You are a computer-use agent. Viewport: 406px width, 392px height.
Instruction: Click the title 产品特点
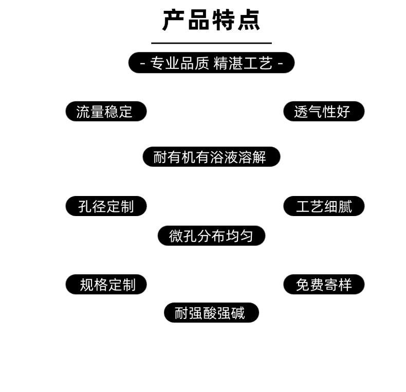tap(211, 21)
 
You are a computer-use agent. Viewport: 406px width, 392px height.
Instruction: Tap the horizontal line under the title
tap(211, 43)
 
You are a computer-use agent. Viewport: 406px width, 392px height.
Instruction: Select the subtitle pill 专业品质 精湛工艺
tap(211, 63)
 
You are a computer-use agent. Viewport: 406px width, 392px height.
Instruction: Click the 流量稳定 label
tap(106, 112)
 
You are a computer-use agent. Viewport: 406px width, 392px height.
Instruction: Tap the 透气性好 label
tap(324, 112)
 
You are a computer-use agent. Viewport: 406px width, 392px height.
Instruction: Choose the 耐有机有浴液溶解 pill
tap(211, 157)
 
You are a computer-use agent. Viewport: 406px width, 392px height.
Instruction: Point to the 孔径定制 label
tap(106, 206)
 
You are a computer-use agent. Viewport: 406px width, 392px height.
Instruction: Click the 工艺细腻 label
tap(324, 206)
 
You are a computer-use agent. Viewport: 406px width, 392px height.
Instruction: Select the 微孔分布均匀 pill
tap(211, 236)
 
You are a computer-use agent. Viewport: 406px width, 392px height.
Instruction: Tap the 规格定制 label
tap(106, 284)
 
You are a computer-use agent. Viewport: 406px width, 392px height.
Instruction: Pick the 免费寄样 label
tap(324, 284)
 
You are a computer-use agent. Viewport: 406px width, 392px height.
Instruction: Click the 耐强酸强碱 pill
tap(211, 313)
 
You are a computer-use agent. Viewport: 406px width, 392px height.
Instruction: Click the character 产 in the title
tap(174, 21)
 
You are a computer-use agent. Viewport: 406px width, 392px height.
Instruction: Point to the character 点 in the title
tap(249, 21)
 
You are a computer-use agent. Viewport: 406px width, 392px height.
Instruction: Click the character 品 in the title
tap(199, 21)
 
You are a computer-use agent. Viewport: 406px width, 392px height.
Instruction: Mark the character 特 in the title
tap(224, 21)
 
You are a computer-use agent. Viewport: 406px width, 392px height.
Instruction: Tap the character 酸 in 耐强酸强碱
tap(210, 313)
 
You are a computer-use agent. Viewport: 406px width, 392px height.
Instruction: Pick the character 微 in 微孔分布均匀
tap(176, 236)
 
